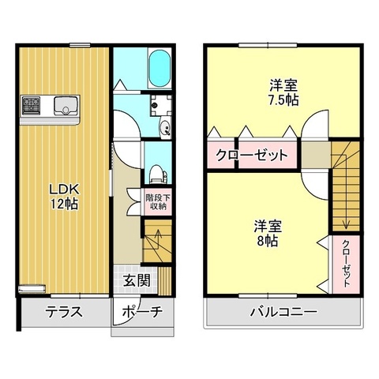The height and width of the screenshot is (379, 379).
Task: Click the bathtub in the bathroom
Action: tap(159, 68)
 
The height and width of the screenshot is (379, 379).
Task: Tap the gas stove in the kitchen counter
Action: tap(31, 105)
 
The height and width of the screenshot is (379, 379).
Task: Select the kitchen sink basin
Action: tap(66, 106)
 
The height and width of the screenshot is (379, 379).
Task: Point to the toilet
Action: tap(158, 174)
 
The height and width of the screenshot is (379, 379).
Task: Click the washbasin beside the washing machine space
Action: tap(166, 128)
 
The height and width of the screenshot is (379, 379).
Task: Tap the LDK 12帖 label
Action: tap(65, 196)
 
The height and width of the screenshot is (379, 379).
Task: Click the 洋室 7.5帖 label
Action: tap(283, 92)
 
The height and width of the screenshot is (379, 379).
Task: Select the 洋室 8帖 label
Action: tap(268, 234)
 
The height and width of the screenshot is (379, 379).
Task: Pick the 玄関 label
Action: tap(137, 280)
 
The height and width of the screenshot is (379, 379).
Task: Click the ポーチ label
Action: tap(142, 312)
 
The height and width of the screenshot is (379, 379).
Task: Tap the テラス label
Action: tap(64, 312)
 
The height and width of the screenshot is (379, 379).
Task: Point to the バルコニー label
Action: tap(283, 312)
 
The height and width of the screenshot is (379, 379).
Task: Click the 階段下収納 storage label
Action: tap(158, 202)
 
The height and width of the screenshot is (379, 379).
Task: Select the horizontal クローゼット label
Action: tap(252, 156)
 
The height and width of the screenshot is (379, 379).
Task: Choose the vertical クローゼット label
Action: tap(346, 264)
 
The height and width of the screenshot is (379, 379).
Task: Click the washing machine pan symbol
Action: tap(161, 105)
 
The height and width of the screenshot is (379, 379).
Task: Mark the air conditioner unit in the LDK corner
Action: tap(32, 288)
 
